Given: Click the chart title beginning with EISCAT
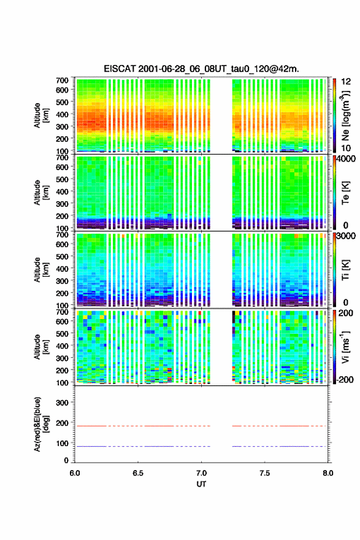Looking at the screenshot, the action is click(201, 69).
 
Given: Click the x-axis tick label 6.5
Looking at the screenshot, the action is click(138, 473).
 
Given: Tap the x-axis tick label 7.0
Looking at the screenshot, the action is click(201, 473).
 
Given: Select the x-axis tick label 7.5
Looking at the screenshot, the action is click(265, 473).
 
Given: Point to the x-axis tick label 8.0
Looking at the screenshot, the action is click(328, 473).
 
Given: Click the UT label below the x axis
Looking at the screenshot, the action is click(201, 484).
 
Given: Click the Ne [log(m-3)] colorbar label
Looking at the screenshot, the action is click(345, 116).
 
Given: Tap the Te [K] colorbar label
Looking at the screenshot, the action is click(345, 193).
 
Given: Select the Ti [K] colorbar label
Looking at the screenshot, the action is click(345, 270).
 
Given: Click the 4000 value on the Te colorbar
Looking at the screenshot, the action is click(346, 159).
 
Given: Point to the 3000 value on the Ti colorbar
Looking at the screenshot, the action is click(346, 236).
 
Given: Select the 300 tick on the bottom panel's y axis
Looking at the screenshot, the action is click(62, 403).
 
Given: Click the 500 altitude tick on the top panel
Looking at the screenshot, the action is click(62, 102).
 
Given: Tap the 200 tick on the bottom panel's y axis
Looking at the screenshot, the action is click(62, 423).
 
